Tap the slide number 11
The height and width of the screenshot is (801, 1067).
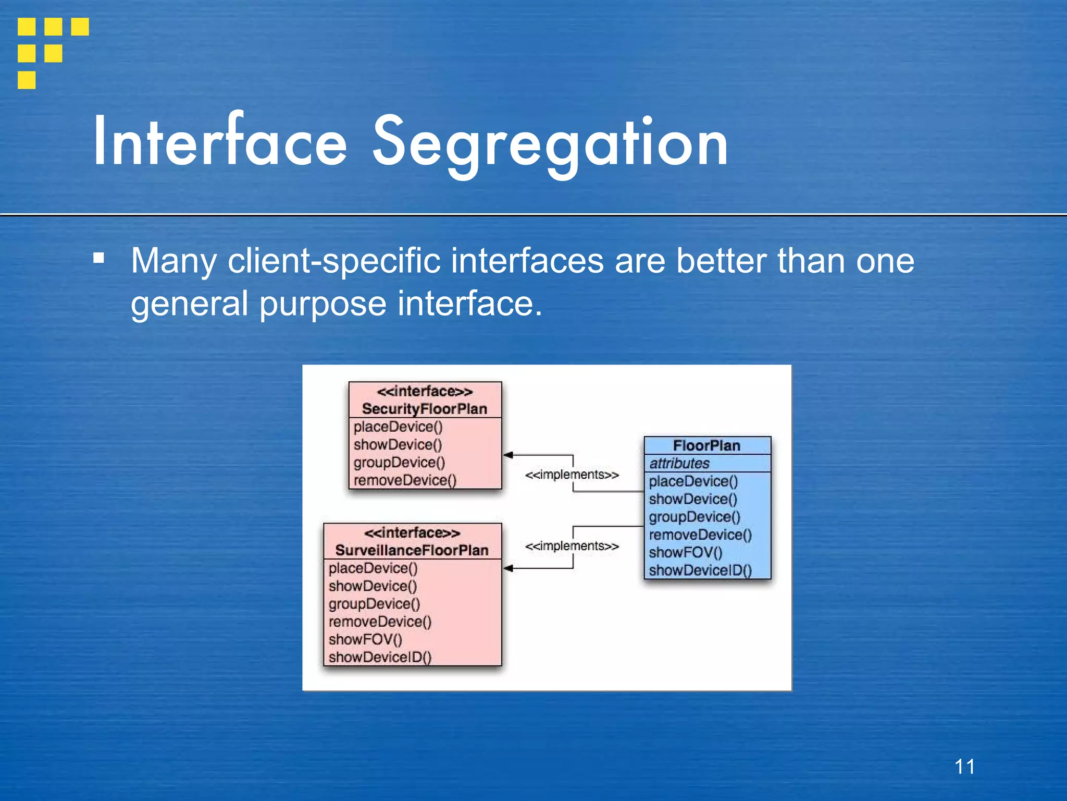pyautogui.click(x=964, y=767)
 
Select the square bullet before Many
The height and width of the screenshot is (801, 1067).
pyautogui.click(x=99, y=258)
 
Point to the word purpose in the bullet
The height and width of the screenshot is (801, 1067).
pyautogui.click(x=322, y=304)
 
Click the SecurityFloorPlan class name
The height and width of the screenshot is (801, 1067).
pyautogui.click(x=424, y=409)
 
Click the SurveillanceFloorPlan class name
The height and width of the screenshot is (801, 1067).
pyautogui.click(x=412, y=550)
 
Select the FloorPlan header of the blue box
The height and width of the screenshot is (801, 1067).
pyautogui.click(x=706, y=446)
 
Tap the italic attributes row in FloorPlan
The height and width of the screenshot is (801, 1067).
pyautogui.click(x=679, y=463)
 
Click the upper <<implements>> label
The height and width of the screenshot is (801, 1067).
pyautogui.click(x=572, y=475)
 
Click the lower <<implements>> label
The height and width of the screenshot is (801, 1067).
pyautogui.click(x=572, y=546)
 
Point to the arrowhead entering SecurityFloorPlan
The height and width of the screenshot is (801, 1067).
pyautogui.click(x=508, y=455)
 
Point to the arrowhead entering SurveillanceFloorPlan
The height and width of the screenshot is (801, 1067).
pyautogui.click(x=508, y=568)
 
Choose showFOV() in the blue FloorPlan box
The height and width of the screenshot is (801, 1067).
pyautogui.click(x=686, y=552)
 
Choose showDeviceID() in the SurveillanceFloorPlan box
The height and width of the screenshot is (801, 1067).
pyautogui.click(x=380, y=657)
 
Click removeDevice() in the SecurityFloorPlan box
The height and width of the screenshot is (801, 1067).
pyautogui.click(x=405, y=480)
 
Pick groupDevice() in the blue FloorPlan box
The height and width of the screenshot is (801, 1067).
pyautogui.click(x=694, y=517)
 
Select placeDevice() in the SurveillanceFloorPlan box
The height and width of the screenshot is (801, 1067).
pyautogui.click(x=373, y=568)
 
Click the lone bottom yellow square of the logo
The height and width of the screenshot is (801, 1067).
pyautogui.click(x=27, y=80)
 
